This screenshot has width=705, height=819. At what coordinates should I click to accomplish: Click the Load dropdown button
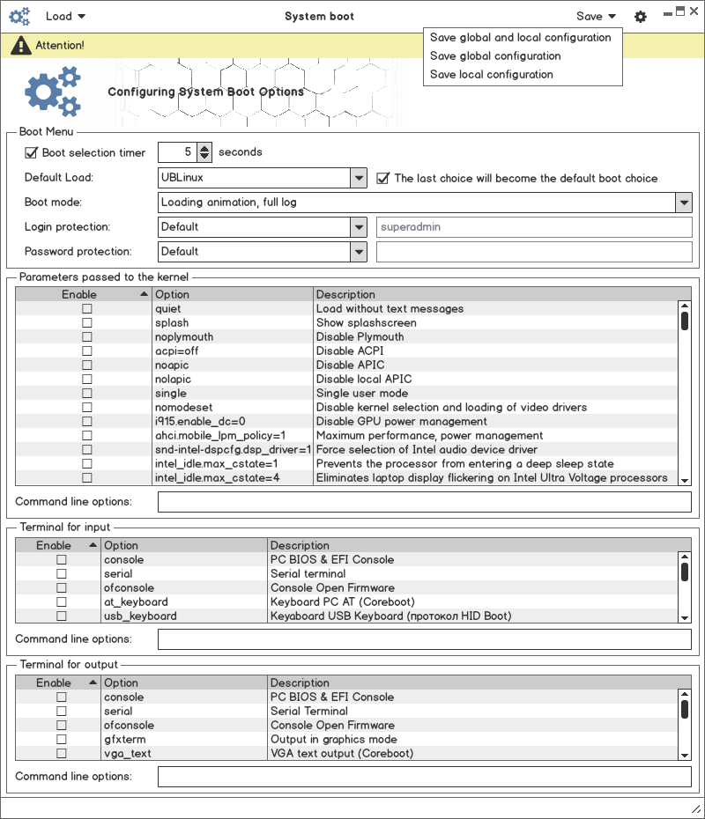(x=65, y=16)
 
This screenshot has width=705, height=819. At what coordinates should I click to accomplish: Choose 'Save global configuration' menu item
(x=495, y=56)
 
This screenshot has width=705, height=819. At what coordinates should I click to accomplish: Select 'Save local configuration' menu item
(x=492, y=75)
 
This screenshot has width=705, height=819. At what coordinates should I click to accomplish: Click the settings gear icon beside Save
(x=641, y=17)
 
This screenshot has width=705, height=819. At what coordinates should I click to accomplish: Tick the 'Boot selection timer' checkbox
(x=32, y=152)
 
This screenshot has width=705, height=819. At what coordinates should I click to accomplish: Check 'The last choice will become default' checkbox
(x=382, y=178)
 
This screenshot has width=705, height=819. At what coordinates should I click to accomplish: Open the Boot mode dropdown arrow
(x=684, y=203)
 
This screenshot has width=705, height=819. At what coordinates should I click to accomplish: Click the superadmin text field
(x=534, y=227)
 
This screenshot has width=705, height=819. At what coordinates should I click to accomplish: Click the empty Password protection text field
(x=534, y=252)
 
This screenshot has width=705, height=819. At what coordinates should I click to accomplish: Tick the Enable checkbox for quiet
(x=87, y=309)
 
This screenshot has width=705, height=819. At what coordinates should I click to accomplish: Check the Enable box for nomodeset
(x=87, y=408)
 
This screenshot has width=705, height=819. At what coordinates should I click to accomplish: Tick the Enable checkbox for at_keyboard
(x=62, y=602)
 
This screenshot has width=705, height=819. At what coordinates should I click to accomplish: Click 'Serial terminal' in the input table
(x=308, y=574)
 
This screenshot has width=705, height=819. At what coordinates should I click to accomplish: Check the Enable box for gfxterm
(x=62, y=740)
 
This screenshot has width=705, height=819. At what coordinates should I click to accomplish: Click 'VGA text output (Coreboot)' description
(x=341, y=754)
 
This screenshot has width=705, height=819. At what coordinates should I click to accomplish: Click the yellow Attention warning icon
(x=20, y=45)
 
